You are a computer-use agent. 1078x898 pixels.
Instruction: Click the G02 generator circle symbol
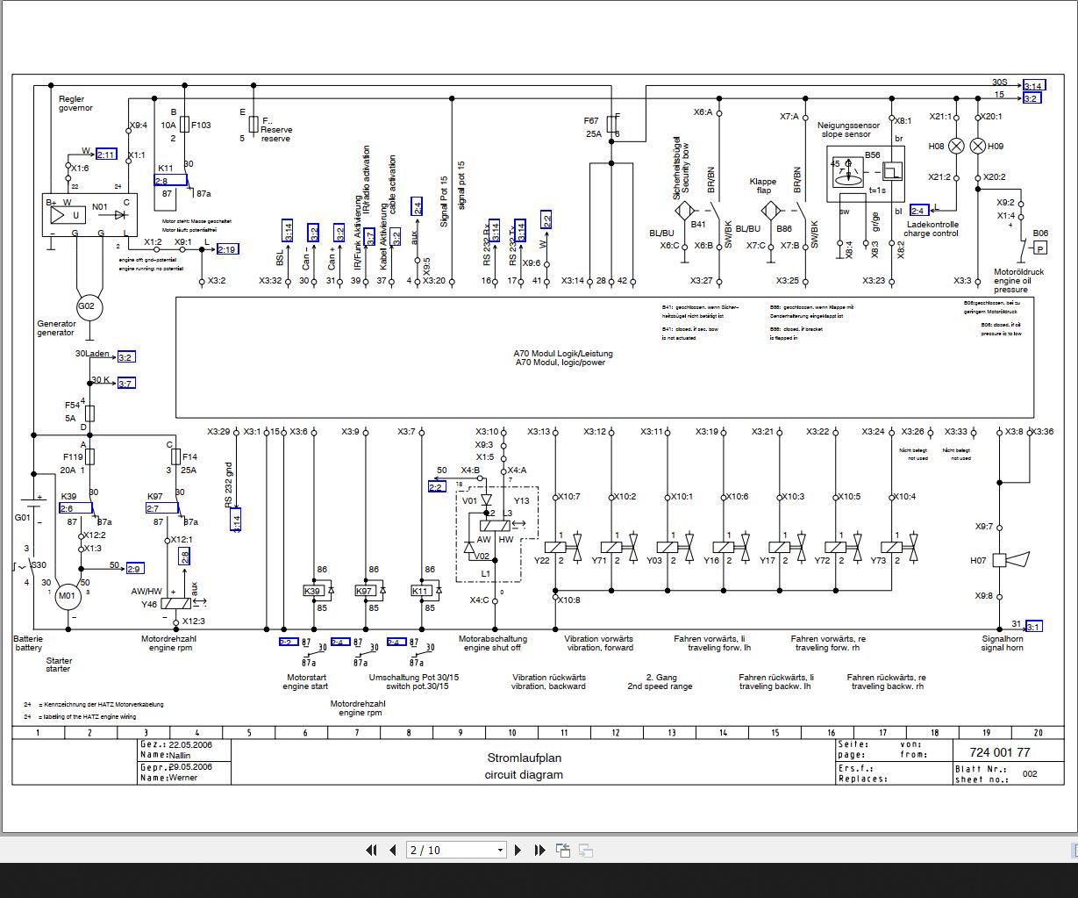point(87,306)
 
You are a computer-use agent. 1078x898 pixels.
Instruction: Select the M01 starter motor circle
point(68,596)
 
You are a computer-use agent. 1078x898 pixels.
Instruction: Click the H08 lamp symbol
point(957,147)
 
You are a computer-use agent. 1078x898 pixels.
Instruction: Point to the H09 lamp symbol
point(978,147)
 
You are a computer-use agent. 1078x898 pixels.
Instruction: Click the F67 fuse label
point(591,120)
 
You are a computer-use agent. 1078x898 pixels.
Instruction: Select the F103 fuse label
point(201,125)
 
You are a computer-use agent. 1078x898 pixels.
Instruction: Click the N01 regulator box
point(87,215)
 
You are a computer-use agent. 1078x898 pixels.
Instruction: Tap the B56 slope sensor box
point(867,174)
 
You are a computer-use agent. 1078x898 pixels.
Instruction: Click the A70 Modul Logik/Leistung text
point(563,354)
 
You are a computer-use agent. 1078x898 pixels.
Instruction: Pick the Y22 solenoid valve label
point(541,561)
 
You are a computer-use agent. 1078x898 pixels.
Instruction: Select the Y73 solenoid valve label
point(878,561)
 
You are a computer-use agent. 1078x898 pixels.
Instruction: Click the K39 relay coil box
point(312,591)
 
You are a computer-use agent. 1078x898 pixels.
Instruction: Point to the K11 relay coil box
point(420,591)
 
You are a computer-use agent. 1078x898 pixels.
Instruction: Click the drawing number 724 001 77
point(1000,752)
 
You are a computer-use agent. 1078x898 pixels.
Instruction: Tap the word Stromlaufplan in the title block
point(525,758)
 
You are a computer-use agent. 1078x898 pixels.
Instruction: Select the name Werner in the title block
point(183,778)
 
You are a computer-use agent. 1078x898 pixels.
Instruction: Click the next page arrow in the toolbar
point(518,850)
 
